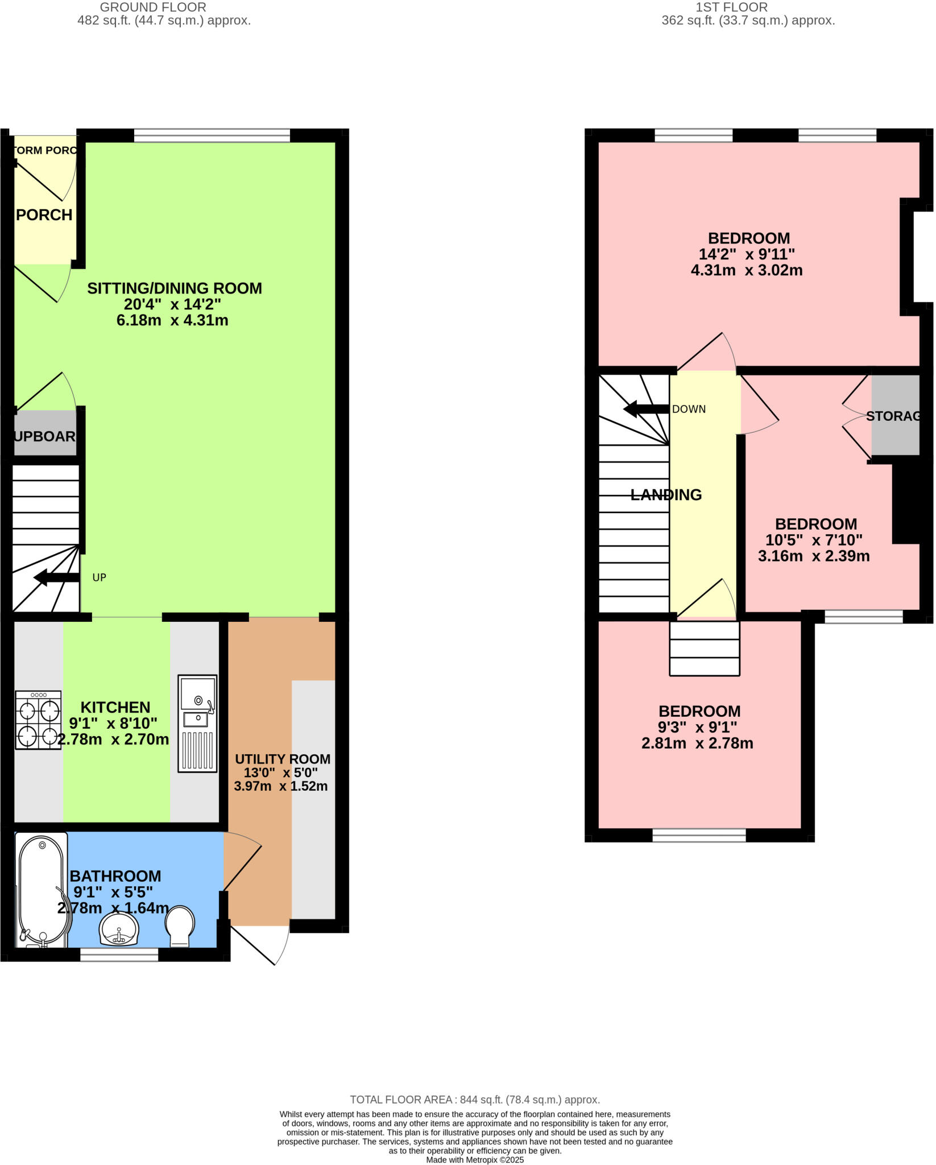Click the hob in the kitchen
38,720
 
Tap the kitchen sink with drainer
197,723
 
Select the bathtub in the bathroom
42,890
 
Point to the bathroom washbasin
119,929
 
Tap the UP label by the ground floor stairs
100,577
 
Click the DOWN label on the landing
689,409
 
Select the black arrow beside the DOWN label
646,408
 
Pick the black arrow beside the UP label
57,578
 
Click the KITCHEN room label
115,707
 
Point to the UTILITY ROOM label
283,759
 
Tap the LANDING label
666,495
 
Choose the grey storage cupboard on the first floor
895,415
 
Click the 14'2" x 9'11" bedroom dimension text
747,254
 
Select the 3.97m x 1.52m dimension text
281,786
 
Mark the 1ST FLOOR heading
731,7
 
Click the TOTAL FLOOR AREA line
475,1100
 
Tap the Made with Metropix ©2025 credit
475,1160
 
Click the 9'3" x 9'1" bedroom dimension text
697,727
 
